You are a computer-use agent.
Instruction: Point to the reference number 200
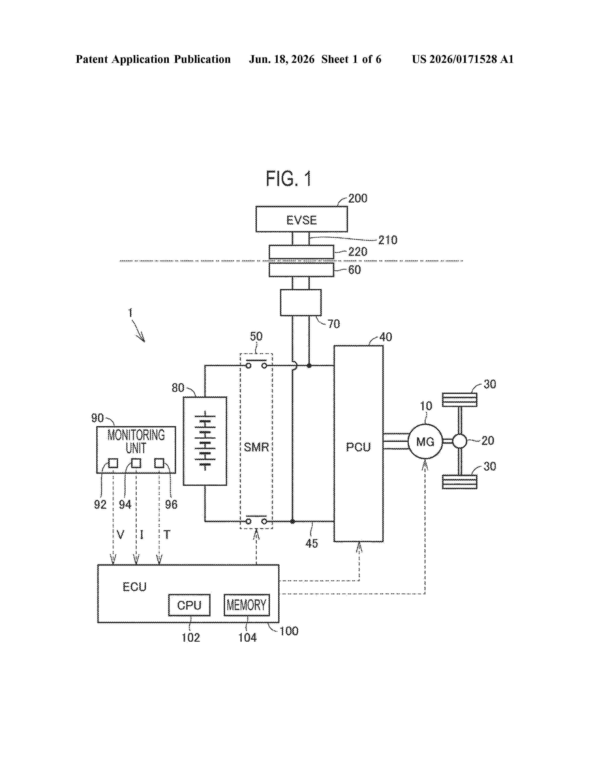(x=358, y=198)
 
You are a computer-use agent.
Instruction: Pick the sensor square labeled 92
(x=113, y=463)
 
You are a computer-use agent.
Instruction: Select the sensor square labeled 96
(x=159, y=463)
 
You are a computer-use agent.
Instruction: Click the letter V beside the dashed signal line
(x=121, y=535)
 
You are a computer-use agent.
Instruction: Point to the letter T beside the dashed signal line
(x=167, y=535)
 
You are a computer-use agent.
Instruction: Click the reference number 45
(x=311, y=543)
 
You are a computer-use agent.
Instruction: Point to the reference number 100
(x=289, y=631)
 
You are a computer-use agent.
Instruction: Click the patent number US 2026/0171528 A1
(x=463, y=59)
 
